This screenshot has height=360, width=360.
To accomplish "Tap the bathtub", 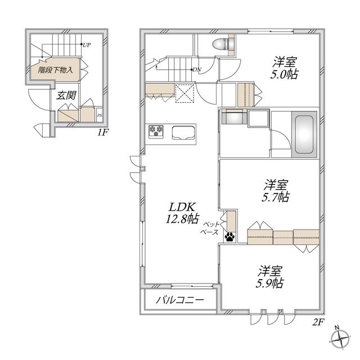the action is coord(304,134).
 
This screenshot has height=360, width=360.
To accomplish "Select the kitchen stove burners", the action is coord(156,132).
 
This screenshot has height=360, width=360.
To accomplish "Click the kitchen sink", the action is coord(183,133).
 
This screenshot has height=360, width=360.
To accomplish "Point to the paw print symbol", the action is coord(230,237).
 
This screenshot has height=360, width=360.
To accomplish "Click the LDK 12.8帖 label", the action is coord(182,213).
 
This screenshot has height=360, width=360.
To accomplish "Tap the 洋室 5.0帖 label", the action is coord(284,68).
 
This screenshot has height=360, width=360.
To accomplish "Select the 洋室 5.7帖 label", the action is coord(276,191).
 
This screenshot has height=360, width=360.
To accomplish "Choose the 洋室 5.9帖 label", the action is coord(270,277).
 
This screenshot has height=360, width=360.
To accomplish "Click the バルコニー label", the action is coord(180,300).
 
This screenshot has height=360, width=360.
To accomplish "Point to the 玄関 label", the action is coord(66,95).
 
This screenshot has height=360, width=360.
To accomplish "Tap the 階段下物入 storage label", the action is coord(55,70).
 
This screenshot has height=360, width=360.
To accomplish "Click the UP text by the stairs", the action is coord(87,45).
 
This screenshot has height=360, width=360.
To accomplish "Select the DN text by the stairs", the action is coord(197,70).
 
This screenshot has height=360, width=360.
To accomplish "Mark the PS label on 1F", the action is coord(100,115).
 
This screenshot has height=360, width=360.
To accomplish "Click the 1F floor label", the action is coord(102,133).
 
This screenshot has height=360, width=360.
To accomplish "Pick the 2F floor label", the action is coord(318,322).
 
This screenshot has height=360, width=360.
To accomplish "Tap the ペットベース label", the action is coord(210,228).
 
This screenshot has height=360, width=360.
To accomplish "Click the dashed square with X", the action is coord(185,93).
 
